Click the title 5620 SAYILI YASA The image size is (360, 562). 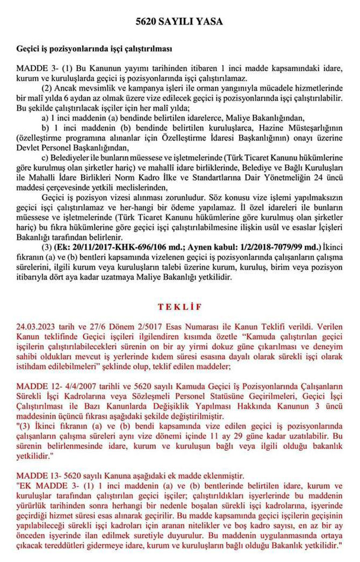pos(179,22)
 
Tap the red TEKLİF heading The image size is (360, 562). pos(179,307)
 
